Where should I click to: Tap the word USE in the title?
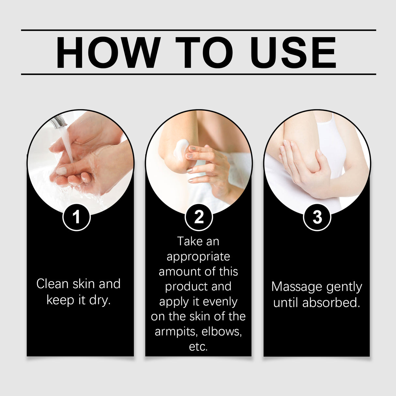(293, 53)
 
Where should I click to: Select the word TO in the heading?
(204, 53)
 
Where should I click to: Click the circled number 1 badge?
(76, 217)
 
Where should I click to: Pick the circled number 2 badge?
(199, 217)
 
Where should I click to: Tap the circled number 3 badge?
(317, 217)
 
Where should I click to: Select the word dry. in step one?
(100, 300)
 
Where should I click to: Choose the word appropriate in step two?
(198, 257)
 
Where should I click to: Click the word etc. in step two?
(198, 346)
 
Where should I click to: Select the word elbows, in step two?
(222, 331)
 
